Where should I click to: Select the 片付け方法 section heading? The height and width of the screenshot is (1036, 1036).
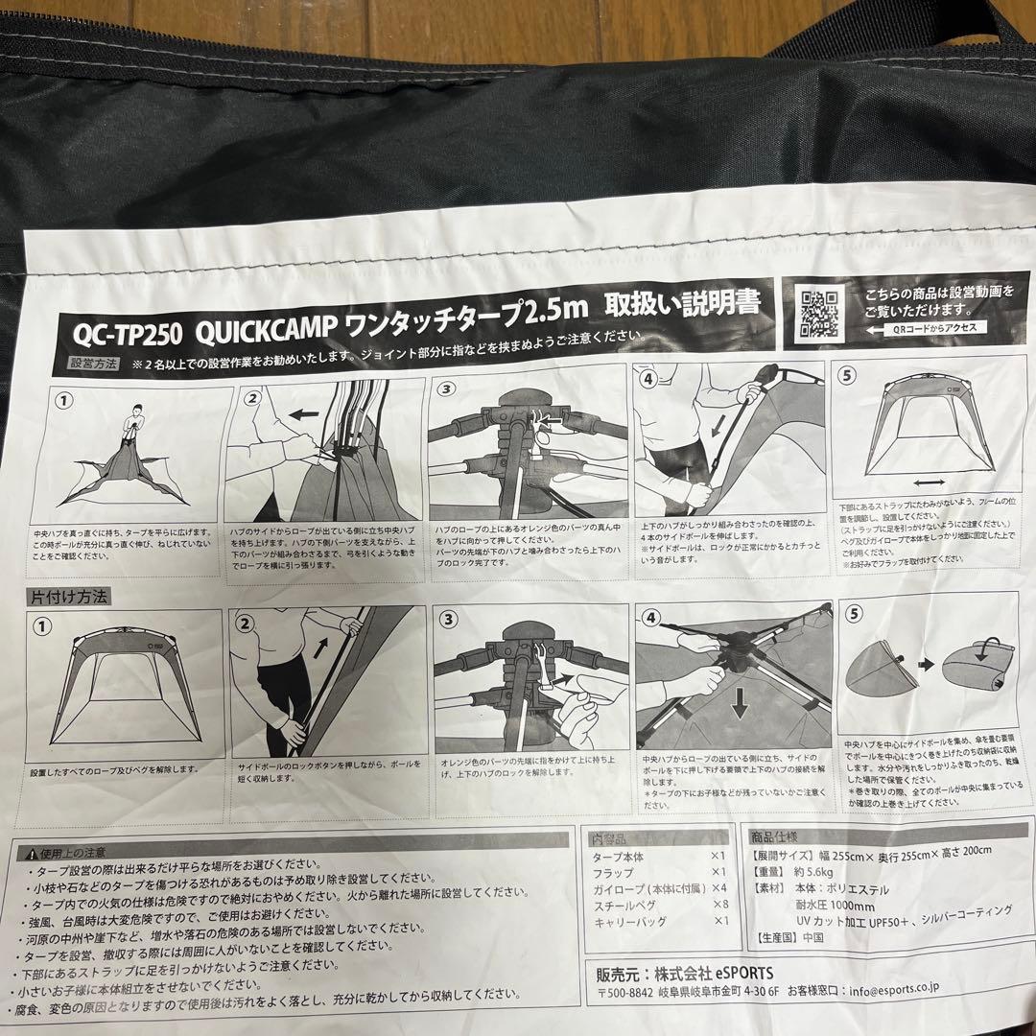tap(71, 596)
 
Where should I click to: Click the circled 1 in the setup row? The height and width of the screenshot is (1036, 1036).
tap(64, 401)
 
